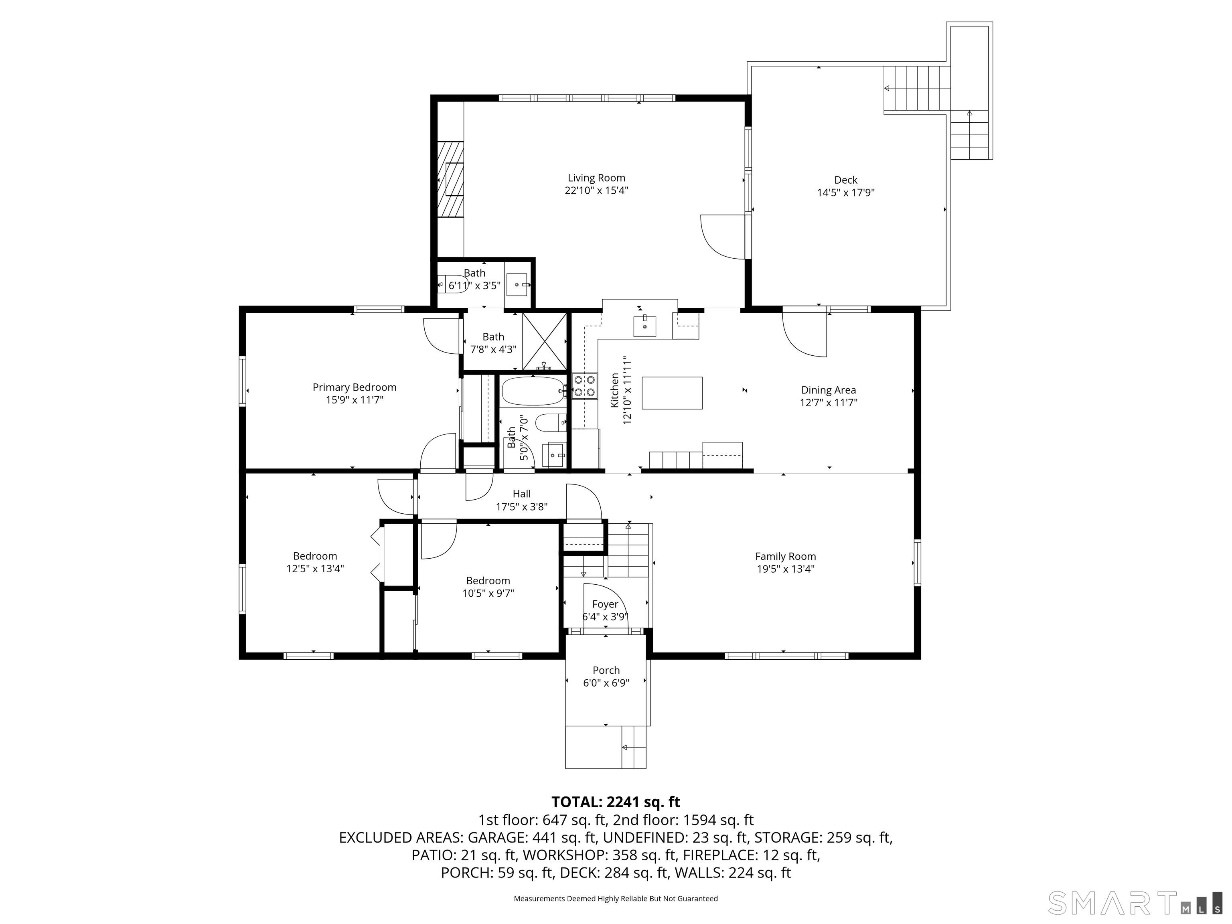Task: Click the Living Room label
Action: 596,178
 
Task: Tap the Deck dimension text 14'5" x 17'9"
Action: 845,193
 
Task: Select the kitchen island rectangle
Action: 672,393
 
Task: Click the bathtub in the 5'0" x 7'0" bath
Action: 533,391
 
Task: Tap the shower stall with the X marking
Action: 544,341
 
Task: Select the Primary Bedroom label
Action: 354,387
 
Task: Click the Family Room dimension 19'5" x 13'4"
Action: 785,569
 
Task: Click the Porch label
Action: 606,670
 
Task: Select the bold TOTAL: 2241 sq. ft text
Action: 616,802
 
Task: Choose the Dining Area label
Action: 828,390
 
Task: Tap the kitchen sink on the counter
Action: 644,326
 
